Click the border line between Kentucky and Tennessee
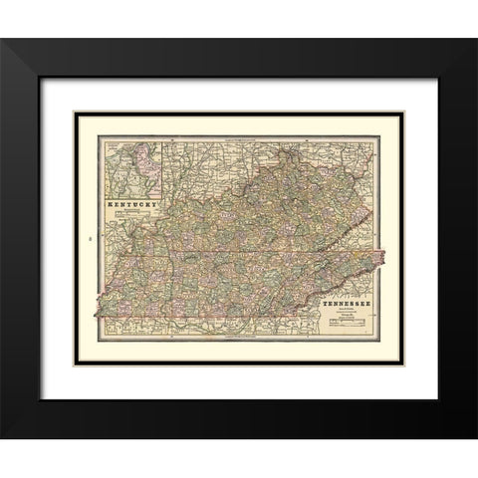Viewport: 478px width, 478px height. (x=239, y=255)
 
